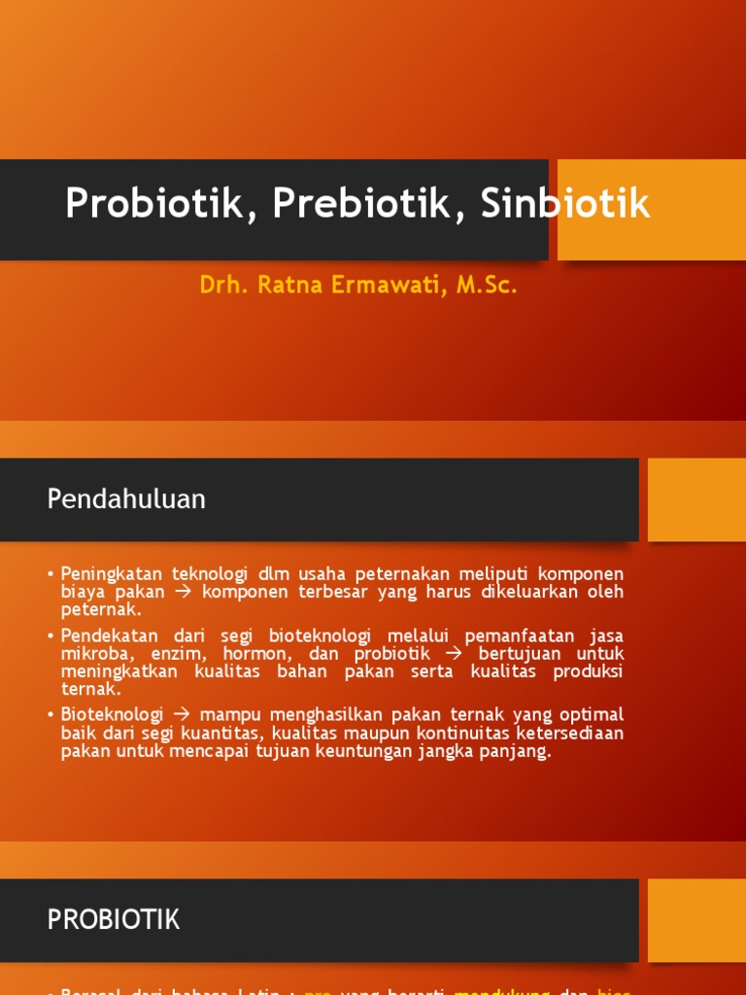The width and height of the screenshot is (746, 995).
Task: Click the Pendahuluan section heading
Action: coord(126,499)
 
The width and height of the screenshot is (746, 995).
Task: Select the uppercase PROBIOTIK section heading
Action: coord(114,919)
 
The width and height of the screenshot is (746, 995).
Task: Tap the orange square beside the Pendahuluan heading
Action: coord(696,499)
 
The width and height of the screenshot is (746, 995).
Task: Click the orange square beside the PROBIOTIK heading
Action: coord(696,919)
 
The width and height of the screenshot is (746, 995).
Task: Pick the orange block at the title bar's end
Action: coord(651,210)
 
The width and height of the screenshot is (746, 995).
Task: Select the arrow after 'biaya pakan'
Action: coord(184,592)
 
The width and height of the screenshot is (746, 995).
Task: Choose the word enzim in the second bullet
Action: coord(176,654)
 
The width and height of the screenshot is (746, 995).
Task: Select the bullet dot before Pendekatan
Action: coord(51,635)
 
